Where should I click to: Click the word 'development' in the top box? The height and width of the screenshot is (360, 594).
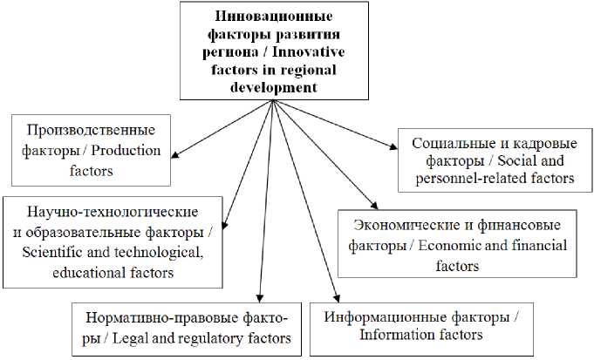click(270, 87)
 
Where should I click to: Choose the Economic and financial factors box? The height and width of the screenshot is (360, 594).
click(457, 245)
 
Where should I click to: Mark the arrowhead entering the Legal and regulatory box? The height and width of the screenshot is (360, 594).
click(260, 297)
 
